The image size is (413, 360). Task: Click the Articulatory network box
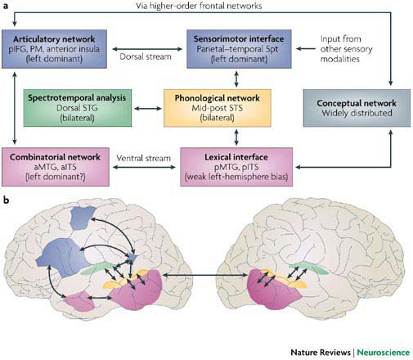point(54,49)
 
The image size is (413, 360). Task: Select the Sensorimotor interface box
point(239,49)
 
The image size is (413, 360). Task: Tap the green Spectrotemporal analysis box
point(78,108)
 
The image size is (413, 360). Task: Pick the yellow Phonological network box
point(218,108)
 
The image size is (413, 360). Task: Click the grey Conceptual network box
point(357,108)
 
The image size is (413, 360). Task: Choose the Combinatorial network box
point(56,167)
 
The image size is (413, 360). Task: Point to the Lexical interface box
point(236,167)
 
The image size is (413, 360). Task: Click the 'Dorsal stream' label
point(146,56)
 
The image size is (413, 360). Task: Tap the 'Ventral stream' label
point(143,158)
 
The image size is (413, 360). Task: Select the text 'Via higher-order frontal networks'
point(199,6)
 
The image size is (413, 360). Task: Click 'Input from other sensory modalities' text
point(346,49)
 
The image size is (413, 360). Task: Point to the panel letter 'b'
point(6,200)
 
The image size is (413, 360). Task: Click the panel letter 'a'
point(5,6)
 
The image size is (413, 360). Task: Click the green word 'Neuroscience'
point(383,353)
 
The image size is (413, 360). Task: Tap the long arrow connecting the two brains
point(205,276)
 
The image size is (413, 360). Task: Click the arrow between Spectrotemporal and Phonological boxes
point(148,109)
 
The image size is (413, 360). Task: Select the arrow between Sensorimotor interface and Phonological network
point(236,79)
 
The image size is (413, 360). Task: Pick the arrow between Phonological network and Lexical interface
point(236,137)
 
